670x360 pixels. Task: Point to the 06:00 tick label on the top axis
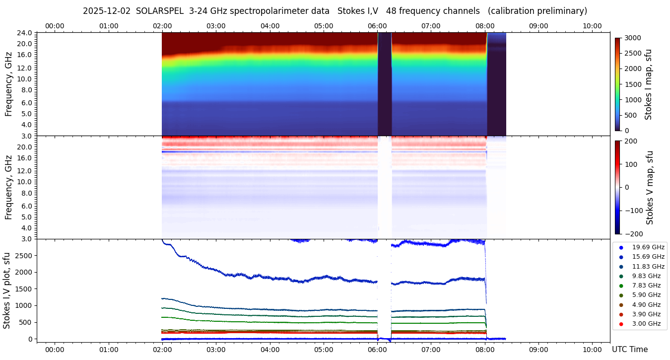click(377, 26)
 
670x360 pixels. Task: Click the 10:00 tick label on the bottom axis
click(592, 350)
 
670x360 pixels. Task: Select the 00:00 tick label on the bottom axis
click(55, 350)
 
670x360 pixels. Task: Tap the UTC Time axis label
click(629, 350)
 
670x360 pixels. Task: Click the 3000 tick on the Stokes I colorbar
click(633, 38)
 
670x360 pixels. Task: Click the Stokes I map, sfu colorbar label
click(648, 84)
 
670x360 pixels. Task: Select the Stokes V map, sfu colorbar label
click(650, 188)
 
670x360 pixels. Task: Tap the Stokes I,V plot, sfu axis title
click(7, 290)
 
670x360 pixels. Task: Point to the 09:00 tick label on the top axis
click(538, 26)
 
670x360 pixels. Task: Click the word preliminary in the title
click(562, 11)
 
